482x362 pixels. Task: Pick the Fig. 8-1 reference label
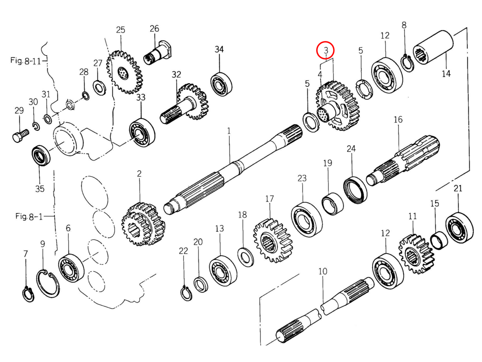click(x=29, y=216)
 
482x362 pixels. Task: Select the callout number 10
click(x=323, y=271)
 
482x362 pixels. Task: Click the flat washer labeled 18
click(x=245, y=257)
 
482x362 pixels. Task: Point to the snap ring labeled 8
click(x=407, y=63)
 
